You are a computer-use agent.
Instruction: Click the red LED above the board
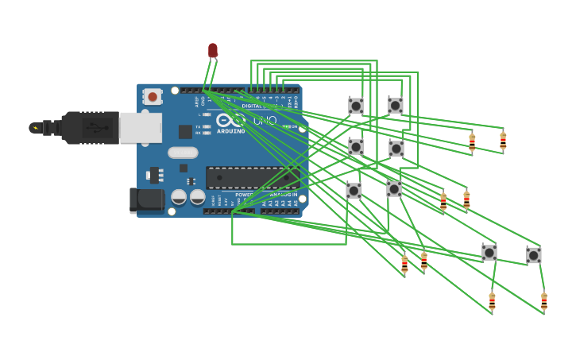pos(212,50)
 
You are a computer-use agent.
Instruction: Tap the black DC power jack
pos(147,200)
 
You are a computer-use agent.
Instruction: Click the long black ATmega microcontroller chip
pos(253,177)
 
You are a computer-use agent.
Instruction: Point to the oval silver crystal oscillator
pos(183,153)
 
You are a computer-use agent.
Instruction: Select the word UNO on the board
pos(265,121)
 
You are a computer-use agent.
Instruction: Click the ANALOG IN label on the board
pos(284,194)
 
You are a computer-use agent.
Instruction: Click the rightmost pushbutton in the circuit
pos(534,255)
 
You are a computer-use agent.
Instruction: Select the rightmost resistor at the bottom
pos(544,301)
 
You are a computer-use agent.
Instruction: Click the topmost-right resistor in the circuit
pos(503,141)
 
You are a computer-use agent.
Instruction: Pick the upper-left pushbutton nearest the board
pos(356,106)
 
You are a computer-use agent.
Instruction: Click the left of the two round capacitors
pos(180,196)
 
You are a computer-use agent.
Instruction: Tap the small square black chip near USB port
pos(185,132)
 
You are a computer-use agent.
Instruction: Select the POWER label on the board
pos(245,194)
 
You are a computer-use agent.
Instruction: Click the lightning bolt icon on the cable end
pos(34,127)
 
